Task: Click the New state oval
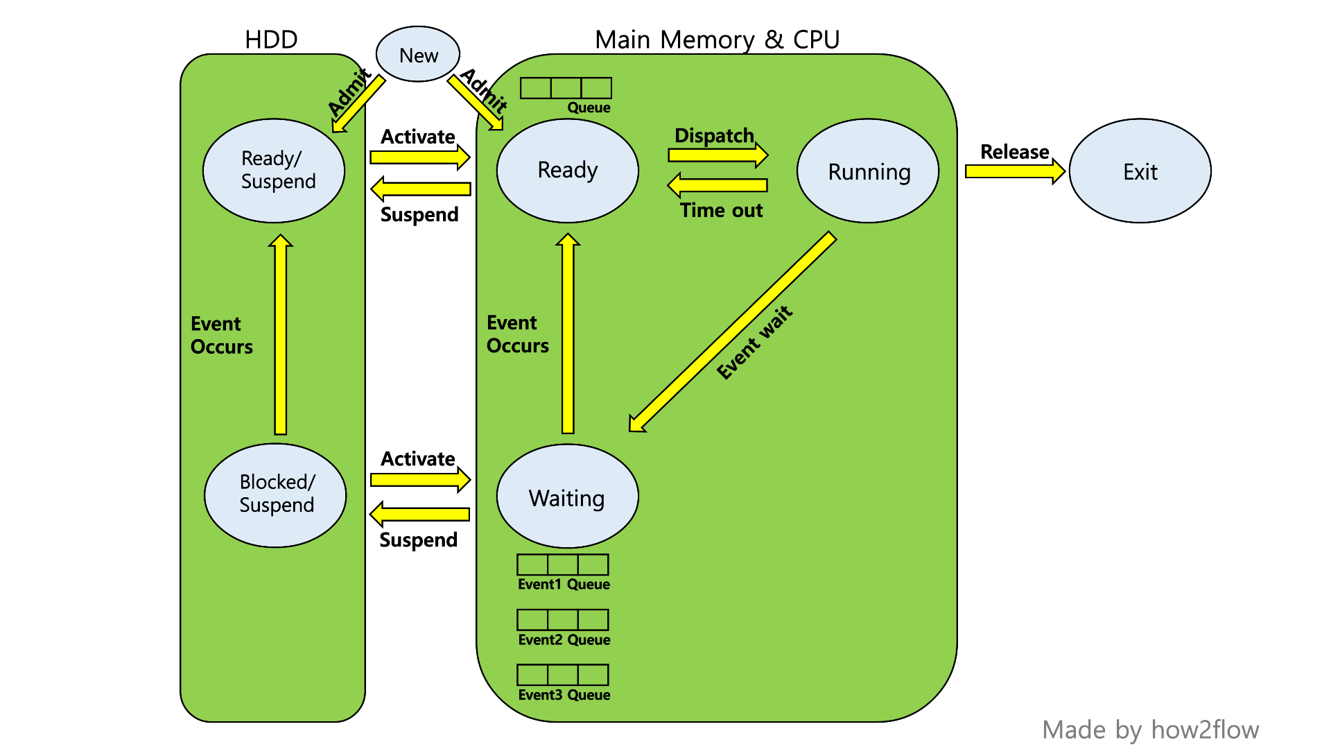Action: point(418,54)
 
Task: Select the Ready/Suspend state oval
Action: point(274,171)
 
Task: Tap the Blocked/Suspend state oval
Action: point(275,494)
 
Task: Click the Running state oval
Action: point(868,171)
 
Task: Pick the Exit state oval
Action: point(1140,171)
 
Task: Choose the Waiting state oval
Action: point(567,496)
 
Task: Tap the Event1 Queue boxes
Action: point(563,565)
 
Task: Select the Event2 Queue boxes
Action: point(563,619)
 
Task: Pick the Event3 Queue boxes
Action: point(563,675)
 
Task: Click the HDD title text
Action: point(271,40)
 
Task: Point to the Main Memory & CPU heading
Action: point(717,40)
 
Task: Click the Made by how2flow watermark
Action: point(1150,730)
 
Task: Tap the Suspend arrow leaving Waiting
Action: point(420,514)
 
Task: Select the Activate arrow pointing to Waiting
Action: point(420,479)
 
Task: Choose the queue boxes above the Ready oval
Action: point(566,88)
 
